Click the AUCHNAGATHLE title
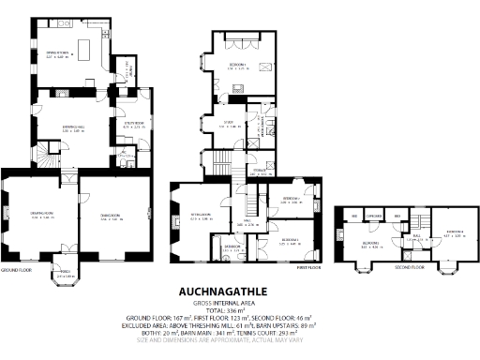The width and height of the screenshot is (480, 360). click(x=239, y=291)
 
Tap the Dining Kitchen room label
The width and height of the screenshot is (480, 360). click(x=59, y=54)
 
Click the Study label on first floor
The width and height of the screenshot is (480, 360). click(x=228, y=123)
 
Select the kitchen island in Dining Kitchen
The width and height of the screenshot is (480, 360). click(x=92, y=45)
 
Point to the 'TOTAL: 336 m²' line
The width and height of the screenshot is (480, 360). click(x=239, y=310)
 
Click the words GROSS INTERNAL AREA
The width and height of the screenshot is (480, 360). click(x=239, y=303)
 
